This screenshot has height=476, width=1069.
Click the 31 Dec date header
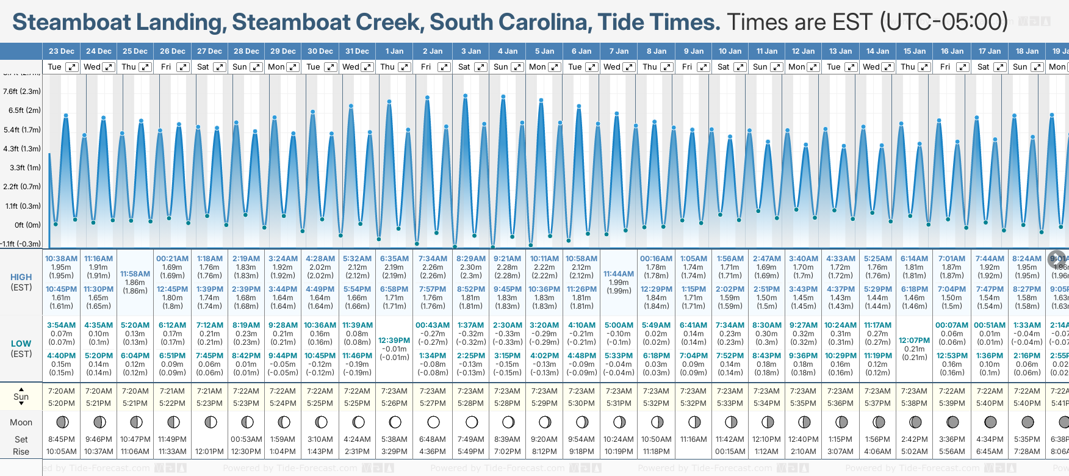pos(357,51)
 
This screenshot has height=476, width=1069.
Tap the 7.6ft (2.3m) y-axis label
pos(22,92)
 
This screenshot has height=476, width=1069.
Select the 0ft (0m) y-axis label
pos(28,225)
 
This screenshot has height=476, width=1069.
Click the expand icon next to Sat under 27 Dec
pos(220,67)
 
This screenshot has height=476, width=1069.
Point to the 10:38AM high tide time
pos(61,259)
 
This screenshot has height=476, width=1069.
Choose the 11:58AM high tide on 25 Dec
pos(135,274)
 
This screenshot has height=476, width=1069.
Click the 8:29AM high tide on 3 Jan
pos(471,259)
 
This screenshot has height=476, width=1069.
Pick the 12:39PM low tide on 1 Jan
pos(394,341)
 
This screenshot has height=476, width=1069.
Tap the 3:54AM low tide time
pos(61,325)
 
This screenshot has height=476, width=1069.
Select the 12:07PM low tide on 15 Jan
pos(914,341)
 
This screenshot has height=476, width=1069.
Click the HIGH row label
pos(21,277)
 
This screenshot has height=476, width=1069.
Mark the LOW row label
pos(21,344)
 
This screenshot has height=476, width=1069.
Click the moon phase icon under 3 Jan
pos(471,422)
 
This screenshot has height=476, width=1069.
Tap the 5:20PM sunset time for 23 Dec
pos(61,403)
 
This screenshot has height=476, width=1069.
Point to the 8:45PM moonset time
pos(61,439)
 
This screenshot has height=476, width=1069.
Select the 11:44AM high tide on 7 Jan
pos(618,274)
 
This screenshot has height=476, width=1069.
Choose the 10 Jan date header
pos(730,51)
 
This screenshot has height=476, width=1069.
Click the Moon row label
pos(21,422)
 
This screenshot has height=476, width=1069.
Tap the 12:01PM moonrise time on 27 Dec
pos(209,452)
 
